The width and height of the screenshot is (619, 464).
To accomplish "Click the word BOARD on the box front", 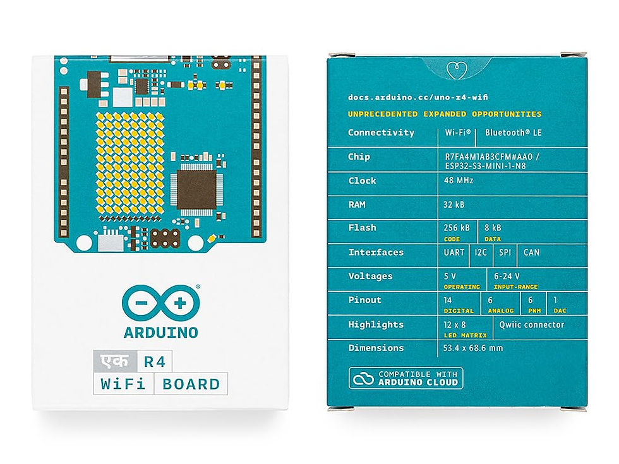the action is click(191, 384).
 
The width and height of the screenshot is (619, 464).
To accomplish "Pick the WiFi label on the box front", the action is click(123, 384).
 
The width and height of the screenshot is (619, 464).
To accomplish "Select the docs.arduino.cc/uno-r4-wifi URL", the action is click(418, 98).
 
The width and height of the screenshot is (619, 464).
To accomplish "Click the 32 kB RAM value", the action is click(456, 205).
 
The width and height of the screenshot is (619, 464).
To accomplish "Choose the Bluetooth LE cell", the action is click(512, 133).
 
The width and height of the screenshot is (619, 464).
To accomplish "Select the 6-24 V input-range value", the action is click(507, 276).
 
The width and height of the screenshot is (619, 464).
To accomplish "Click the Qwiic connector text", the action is click(531, 325).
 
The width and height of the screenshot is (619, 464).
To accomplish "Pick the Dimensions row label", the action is click(376, 348).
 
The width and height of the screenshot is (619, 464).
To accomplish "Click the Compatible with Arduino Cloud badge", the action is click(406, 378).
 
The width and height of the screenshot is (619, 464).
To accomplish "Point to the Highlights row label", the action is click(376, 324).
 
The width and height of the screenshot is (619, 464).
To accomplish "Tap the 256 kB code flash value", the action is click(457, 227).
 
